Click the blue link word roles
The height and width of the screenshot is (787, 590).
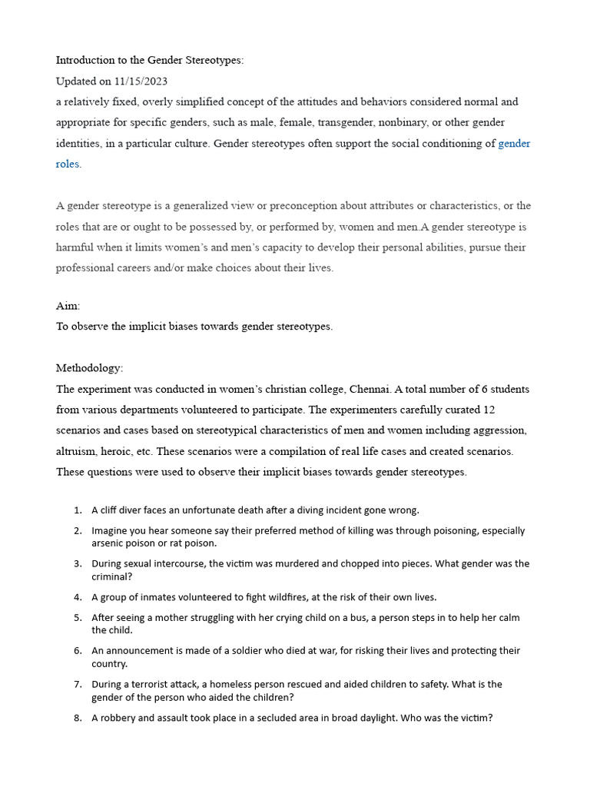coord(68,164)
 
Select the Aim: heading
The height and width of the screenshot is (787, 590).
coord(68,306)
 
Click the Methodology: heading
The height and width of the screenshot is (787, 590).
coord(89,368)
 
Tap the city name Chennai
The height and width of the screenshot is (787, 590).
coord(365,389)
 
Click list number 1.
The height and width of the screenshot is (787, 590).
coord(78,510)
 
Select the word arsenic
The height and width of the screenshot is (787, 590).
coord(108,543)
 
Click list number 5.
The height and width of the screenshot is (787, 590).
coord(78,617)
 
